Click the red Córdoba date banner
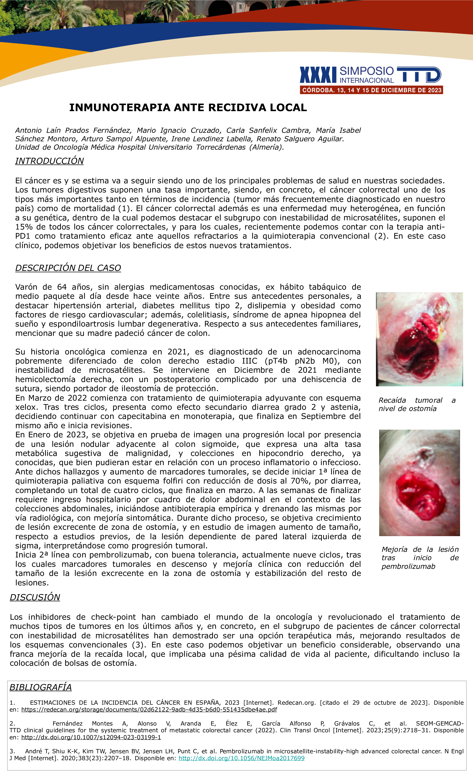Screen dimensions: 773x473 372,90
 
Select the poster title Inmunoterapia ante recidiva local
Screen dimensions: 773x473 188,108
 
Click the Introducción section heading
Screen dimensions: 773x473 50,161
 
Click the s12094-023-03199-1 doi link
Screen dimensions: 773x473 91,737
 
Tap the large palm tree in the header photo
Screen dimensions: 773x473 60,14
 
